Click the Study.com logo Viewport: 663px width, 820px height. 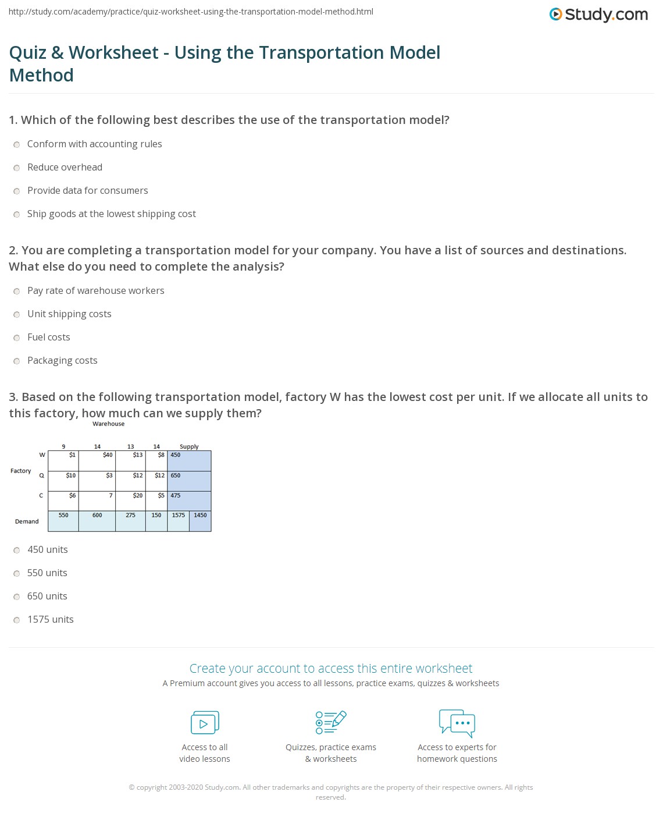[598, 15]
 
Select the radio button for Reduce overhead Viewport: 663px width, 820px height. [17, 168]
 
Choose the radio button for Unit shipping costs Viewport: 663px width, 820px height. [17, 314]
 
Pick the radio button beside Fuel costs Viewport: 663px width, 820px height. [17, 338]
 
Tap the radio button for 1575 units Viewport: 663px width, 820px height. [17, 620]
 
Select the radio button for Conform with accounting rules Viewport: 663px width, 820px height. [17, 144]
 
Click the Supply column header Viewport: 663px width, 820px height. [189, 446]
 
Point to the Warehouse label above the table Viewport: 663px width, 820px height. [108, 424]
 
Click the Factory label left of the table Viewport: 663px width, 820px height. [21, 471]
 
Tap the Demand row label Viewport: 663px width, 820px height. [27, 521]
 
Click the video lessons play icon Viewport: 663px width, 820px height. [205, 723]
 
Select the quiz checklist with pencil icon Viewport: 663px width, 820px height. [331, 722]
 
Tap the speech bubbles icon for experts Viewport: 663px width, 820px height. [457, 723]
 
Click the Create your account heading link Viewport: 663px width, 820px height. [331, 668]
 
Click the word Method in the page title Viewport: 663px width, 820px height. [41, 75]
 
